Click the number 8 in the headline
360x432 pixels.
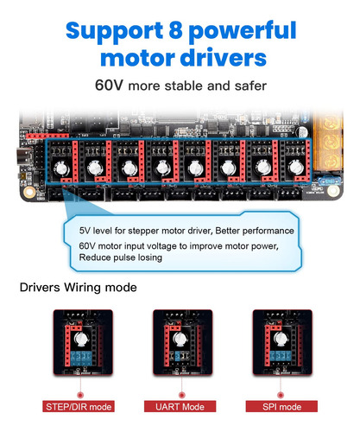176,30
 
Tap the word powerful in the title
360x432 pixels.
243,32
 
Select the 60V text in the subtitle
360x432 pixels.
109,85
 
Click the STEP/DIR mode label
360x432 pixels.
79,407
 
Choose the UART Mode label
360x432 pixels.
180,407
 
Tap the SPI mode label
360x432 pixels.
281,407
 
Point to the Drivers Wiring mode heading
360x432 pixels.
79,288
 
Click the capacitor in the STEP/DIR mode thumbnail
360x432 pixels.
81,340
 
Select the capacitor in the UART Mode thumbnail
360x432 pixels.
180,340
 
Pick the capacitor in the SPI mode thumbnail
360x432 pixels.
281,340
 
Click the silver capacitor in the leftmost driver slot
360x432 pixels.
62,168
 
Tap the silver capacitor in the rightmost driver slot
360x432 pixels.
296,168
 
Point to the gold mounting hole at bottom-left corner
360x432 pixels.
29,192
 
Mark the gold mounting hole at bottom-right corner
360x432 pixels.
333,190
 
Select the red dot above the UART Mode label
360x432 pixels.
181,395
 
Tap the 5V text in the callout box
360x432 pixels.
85,231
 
